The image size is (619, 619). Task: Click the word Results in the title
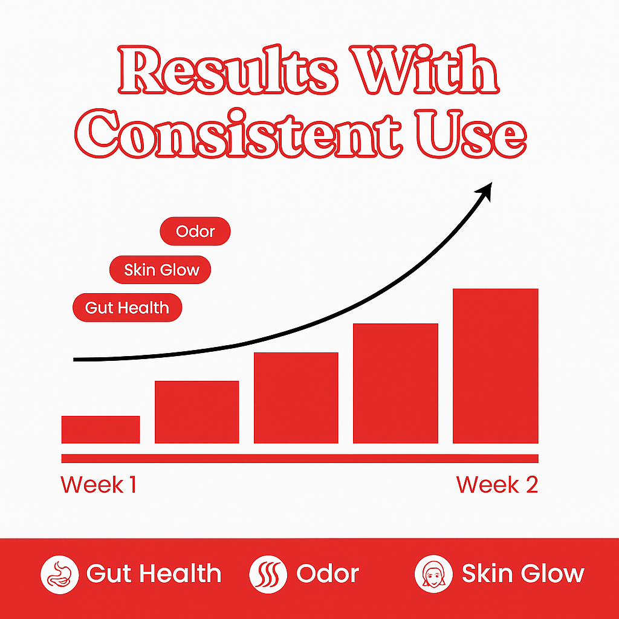228,70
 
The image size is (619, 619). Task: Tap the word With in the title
424,70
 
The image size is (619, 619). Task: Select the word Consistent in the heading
238,133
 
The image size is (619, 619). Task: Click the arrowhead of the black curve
485,190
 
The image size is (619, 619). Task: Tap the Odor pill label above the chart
195,232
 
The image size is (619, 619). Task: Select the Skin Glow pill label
160,270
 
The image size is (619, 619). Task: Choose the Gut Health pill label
127,308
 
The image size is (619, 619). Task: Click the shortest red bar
101,430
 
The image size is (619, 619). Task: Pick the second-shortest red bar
197,412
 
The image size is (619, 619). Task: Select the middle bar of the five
296,398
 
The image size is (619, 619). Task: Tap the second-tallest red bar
395,383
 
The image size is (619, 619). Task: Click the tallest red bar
496,366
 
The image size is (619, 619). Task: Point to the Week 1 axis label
99,484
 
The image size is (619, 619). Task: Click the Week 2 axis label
497,484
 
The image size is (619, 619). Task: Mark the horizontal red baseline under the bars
300,458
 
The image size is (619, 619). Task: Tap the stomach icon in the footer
60,574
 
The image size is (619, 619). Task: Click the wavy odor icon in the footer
268,574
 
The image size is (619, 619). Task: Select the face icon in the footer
433,574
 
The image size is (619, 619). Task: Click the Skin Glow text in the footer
523,574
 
